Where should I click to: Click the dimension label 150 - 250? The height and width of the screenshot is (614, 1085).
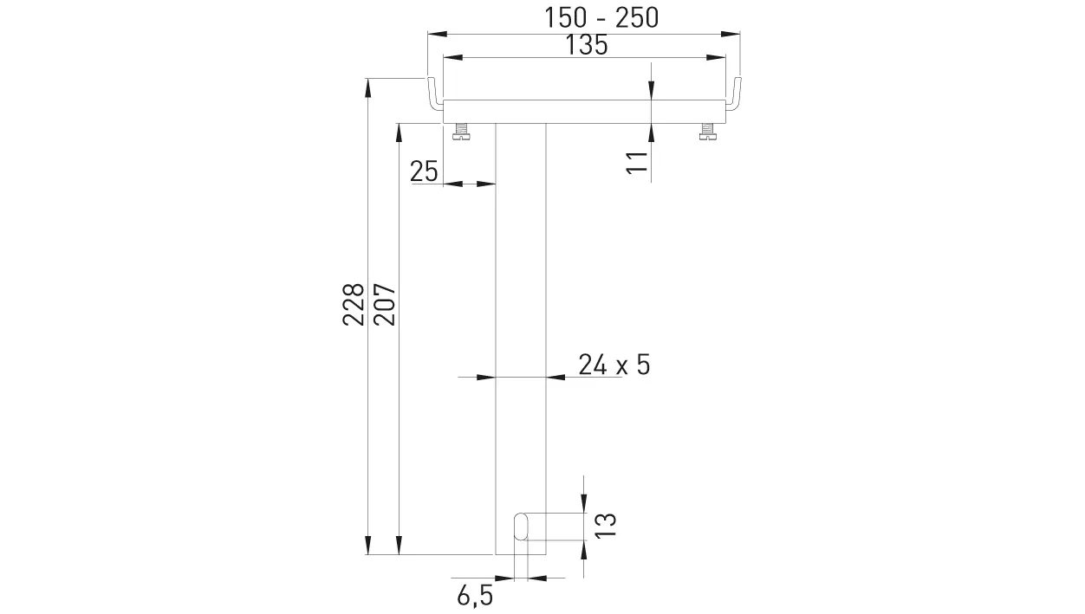coord(601,17)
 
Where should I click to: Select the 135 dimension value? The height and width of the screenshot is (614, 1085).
coord(586,46)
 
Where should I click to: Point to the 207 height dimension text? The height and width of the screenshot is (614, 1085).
coord(384,304)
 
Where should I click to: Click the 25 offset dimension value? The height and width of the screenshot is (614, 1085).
coord(424,171)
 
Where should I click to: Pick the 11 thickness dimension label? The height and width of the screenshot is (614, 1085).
coord(637,162)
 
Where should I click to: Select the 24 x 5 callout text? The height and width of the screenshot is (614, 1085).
coord(614,365)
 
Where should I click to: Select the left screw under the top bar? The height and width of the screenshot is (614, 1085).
coord(461,132)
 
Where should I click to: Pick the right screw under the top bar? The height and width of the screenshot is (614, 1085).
coord(707,132)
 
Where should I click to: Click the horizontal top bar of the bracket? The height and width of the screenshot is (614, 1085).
coord(583,111)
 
